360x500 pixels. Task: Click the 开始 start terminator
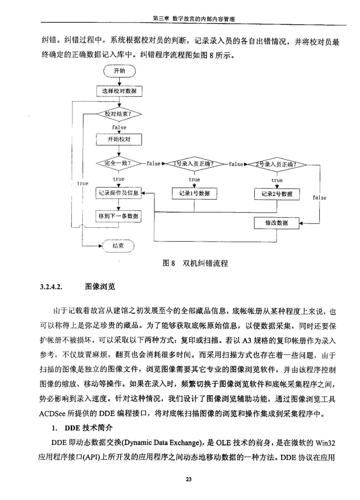click(x=119, y=71)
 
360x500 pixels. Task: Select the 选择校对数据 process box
click(x=119, y=91)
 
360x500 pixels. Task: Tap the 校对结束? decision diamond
click(x=119, y=114)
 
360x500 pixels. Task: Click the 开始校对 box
click(x=119, y=139)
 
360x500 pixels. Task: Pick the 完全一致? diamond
click(x=119, y=164)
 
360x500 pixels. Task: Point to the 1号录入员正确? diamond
click(x=194, y=164)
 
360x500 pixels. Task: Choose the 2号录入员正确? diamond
click(x=277, y=164)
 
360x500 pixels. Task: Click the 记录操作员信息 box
click(x=118, y=193)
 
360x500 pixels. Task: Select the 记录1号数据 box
click(x=194, y=193)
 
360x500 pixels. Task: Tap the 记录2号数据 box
click(x=277, y=194)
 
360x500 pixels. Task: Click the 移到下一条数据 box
click(x=118, y=216)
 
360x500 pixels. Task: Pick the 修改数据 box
click(x=277, y=223)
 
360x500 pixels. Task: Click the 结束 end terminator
click(x=118, y=246)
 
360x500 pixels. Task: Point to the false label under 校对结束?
click(x=119, y=127)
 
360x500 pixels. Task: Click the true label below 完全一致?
click(x=119, y=179)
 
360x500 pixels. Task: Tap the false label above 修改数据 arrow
click(x=319, y=198)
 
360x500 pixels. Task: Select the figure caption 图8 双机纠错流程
click(x=195, y=263)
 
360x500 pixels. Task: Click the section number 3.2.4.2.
click(x=51, y=286)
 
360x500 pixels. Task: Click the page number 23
click(x=188, y=479)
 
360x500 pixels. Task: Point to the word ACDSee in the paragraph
click(x=52, y=414)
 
